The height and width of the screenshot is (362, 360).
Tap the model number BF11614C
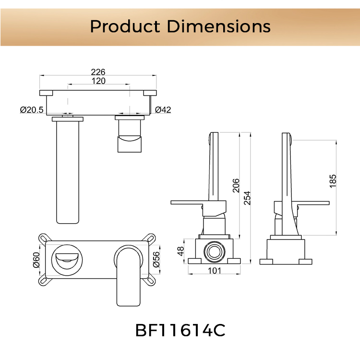180,331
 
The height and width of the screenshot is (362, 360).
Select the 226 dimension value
98,72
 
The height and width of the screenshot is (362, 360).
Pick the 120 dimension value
98,81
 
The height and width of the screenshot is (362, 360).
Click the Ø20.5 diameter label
32,110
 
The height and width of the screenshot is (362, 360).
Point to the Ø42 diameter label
163,110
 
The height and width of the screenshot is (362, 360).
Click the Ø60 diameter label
36,259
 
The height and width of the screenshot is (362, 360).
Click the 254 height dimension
247,196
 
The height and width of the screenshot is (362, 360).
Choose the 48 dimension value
181,251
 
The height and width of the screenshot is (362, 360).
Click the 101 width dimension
214,271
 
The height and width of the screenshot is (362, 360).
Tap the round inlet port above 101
214,251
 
